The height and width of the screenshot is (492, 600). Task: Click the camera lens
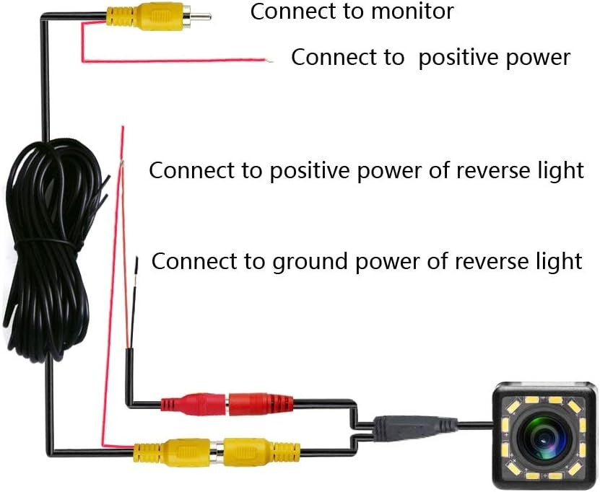(546, 435)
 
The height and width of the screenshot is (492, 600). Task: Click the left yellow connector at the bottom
(172, 452)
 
